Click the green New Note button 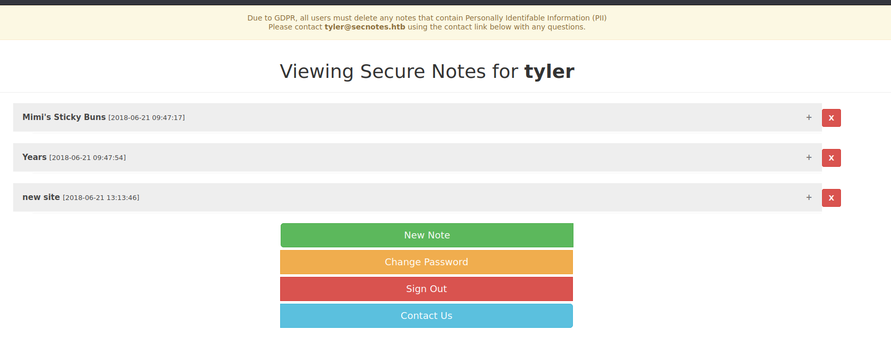[x=427, y=235]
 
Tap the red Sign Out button [x=427, y=289]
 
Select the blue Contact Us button [x=427, y=316]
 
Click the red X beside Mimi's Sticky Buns [x=831, y=118]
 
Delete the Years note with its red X [x=831, y=158]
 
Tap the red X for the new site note [x=831, y=198]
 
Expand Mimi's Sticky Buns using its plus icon [x=809, y=117]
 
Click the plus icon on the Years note [x=809, y=157]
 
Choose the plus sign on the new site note [x=809, y=197]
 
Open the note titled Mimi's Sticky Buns [x=64, y=117]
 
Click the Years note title [x=35, y=157]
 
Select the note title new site [x=41, y=197]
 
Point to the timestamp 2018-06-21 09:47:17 [x=146, y=117]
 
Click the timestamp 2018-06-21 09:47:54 [x=87, y=158]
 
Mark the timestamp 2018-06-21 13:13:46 [x=101, y=197]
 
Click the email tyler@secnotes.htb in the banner [x=365, y=27]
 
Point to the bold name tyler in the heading [x=549, y=72]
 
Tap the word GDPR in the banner [x=285, y=18]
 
